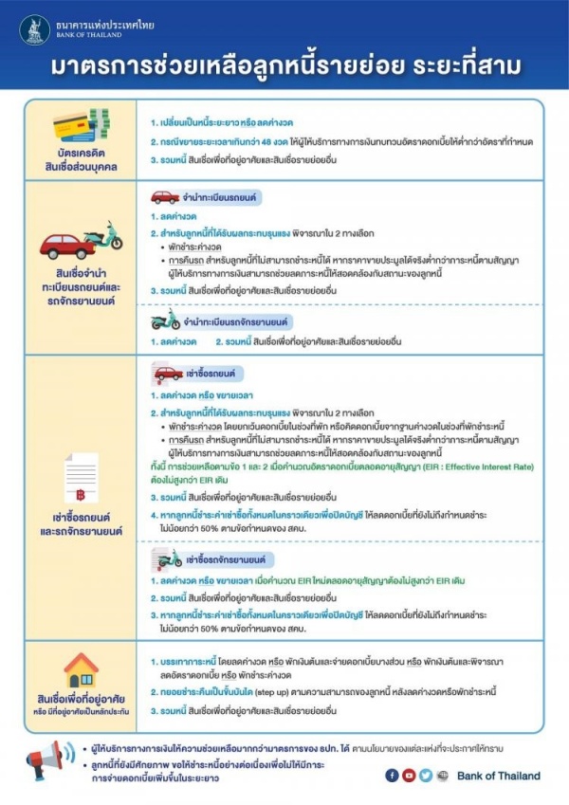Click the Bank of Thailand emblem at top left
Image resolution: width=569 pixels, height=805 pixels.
pos(35,28)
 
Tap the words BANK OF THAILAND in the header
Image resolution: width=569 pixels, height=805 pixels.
pos(91,35)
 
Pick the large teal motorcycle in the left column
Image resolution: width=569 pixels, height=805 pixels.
pos(103,236)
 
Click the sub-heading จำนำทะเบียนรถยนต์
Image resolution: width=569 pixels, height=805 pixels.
pos(216,198)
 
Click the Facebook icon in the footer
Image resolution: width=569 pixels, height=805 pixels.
pos(393,776)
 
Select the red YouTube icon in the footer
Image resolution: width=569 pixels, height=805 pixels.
pos(409,776)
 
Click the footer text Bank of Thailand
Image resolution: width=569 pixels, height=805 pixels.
pos(498,776)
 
